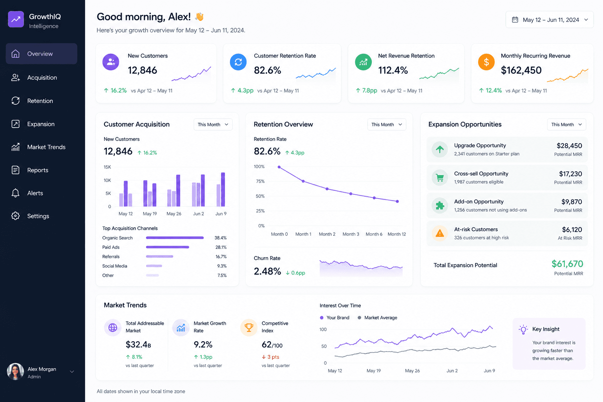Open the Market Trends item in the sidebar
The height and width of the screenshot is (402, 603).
(x=46, y=147)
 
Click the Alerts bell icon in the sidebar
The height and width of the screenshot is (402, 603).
(x=15, y=193)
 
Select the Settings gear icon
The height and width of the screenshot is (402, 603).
(x=15, y=216)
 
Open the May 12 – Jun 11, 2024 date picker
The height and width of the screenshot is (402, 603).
(x=550, y=20)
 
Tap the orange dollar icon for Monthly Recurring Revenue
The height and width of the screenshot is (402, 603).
(x=486, y=62)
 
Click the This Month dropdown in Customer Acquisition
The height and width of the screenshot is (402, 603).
(x=213, y=124)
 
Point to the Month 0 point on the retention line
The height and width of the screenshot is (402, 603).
(x=279, y=167)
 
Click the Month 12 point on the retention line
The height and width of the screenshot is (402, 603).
(x=397, y=201)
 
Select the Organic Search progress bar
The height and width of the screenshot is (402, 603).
(x=175, y=238)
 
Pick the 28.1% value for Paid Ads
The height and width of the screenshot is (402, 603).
(x=221, y=247)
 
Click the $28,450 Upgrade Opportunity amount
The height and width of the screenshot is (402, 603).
(x=569, y=146)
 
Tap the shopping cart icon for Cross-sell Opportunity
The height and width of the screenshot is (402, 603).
(x=440, y=178)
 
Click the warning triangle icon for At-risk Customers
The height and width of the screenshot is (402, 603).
(x=440, y=233)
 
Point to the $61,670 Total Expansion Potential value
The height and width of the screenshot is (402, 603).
(x=567, y=264)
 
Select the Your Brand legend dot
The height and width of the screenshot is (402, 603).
(x=322, y=318)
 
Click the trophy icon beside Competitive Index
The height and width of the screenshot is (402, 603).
(x=249, y=327)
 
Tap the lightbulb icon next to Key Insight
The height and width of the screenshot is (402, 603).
(x=523, y=329)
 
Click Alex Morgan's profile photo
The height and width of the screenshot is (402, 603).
(x=15, y=371)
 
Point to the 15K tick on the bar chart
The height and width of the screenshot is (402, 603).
(x=107, y=167)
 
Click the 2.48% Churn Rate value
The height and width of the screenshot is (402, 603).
(x=267, y=271)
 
